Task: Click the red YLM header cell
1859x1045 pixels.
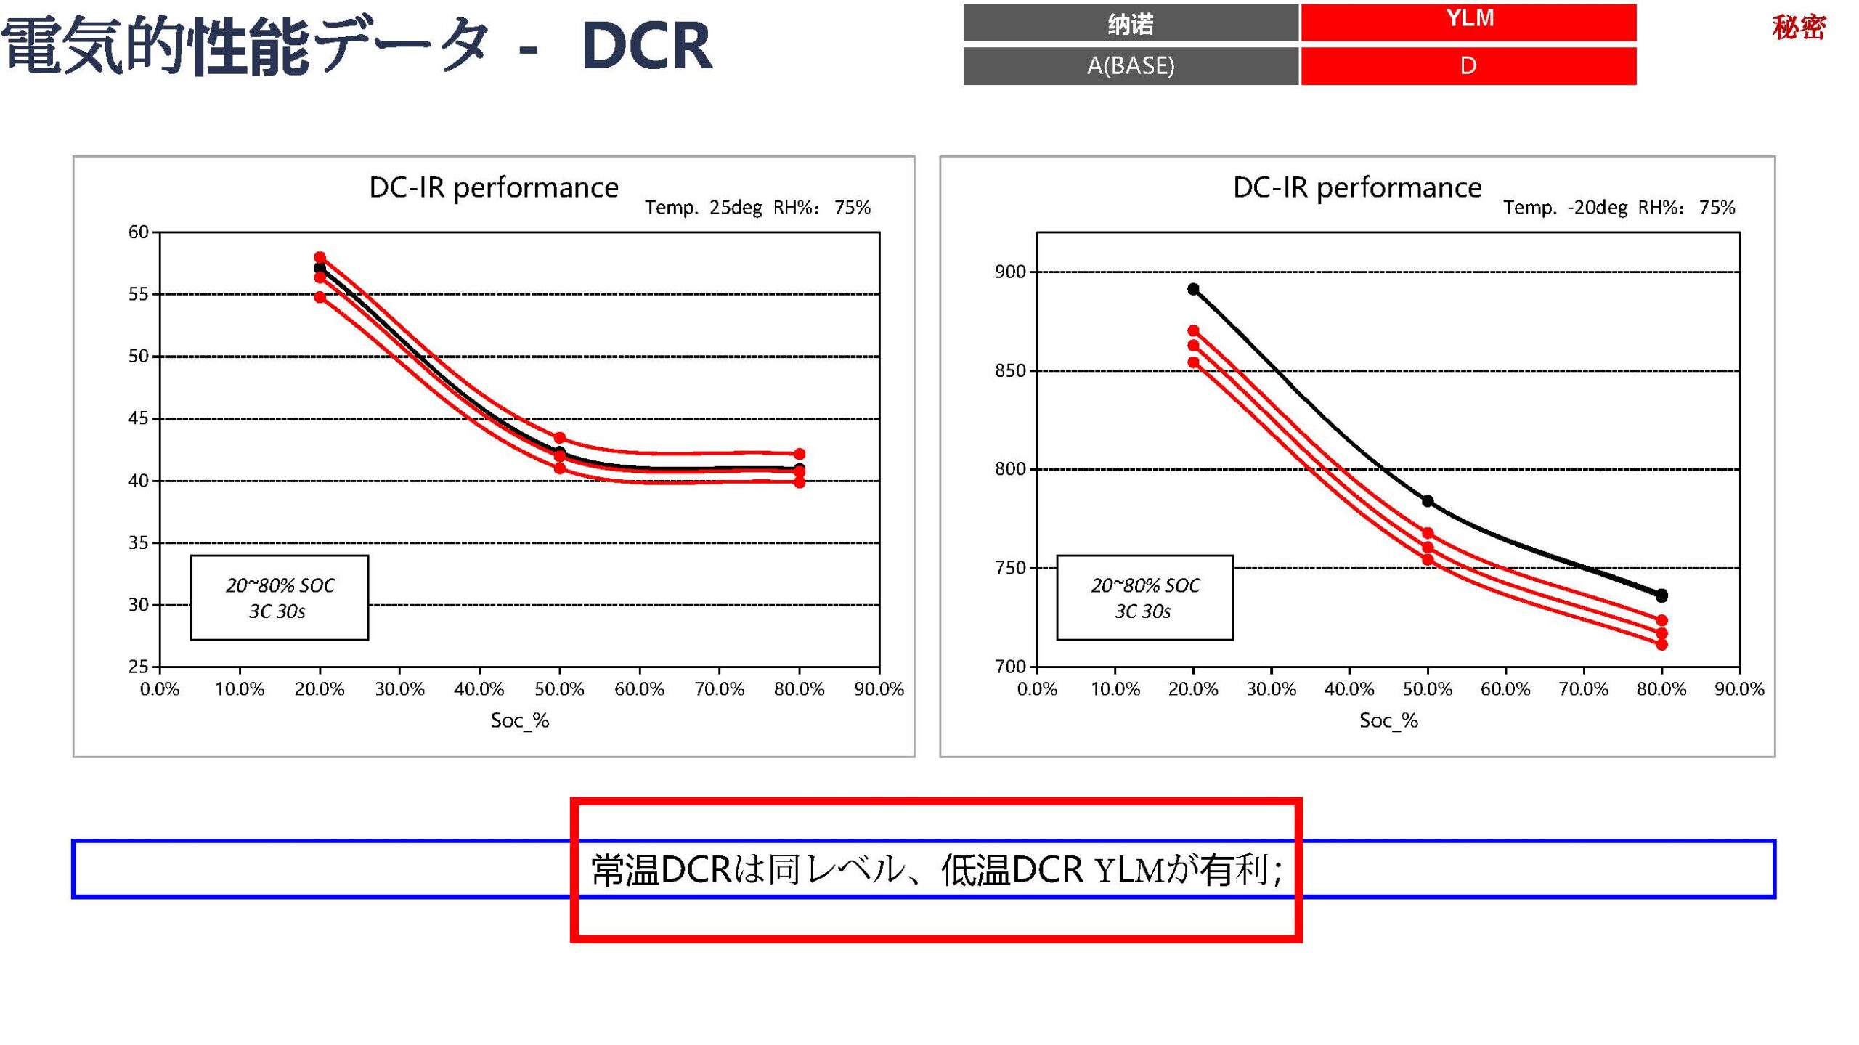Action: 1468,22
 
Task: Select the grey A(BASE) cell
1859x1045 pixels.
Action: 1130,66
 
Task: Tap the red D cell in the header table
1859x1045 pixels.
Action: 1468,66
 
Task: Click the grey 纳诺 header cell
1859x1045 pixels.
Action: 1130,23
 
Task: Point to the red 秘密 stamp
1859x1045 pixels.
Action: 1798,28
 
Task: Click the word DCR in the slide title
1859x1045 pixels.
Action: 646,46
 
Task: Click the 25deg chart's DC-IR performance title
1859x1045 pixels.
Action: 494,187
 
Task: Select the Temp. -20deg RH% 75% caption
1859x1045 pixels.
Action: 1619,208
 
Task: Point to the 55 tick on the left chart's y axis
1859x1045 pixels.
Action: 138,294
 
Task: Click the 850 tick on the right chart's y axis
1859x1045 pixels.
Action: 1009,370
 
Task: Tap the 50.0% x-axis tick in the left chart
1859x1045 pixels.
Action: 559,688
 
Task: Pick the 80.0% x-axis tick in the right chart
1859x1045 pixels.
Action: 1661,688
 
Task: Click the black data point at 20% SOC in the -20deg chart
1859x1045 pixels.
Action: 1193,289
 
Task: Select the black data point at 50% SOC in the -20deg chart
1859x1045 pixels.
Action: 1428,501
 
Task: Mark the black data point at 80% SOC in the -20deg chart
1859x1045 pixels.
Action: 1661,595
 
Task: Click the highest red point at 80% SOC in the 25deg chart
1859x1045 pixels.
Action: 800,454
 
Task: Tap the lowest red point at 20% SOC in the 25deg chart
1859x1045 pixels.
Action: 320,297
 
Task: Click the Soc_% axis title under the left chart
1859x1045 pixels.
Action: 520,720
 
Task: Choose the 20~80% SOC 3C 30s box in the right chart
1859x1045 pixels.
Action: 1144,598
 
